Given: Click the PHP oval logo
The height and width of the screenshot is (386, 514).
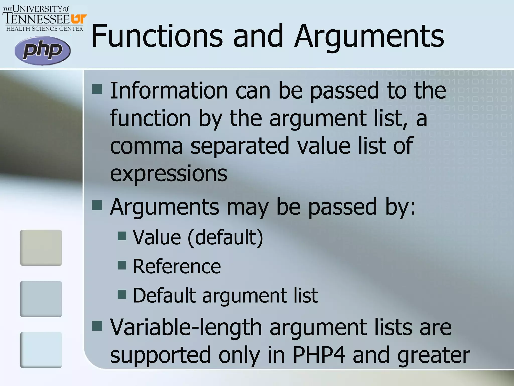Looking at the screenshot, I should coord(42,51).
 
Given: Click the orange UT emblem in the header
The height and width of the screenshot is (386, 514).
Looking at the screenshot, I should coord(79,19).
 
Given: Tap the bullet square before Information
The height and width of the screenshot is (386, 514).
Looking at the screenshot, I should coord(97,89).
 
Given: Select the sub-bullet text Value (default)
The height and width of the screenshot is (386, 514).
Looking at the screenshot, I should coord(198,237).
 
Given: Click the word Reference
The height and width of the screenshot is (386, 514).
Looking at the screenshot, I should coord(177,266).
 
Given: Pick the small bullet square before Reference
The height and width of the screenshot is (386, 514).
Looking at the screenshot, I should coord(122,265).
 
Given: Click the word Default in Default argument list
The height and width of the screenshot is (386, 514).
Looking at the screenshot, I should coord(164,295).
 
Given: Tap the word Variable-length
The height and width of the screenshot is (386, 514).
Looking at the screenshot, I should coord(186,327).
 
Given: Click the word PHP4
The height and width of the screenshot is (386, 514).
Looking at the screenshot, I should coord(319,355).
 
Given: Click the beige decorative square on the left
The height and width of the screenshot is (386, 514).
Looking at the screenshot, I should coord(41,248).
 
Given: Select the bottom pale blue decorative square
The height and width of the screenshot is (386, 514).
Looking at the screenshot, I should coord(41,350).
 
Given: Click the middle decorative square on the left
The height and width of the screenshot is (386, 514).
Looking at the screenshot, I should coord(41,299).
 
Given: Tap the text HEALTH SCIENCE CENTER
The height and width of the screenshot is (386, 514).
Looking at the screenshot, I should coord(44,29).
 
